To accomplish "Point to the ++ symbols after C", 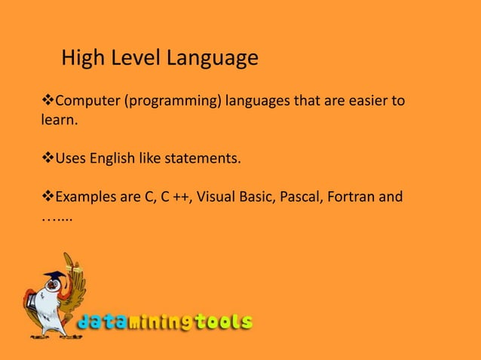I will tap(180, 197).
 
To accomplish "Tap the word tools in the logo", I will tap(223, 323).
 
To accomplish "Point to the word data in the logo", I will tap(103, 323).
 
